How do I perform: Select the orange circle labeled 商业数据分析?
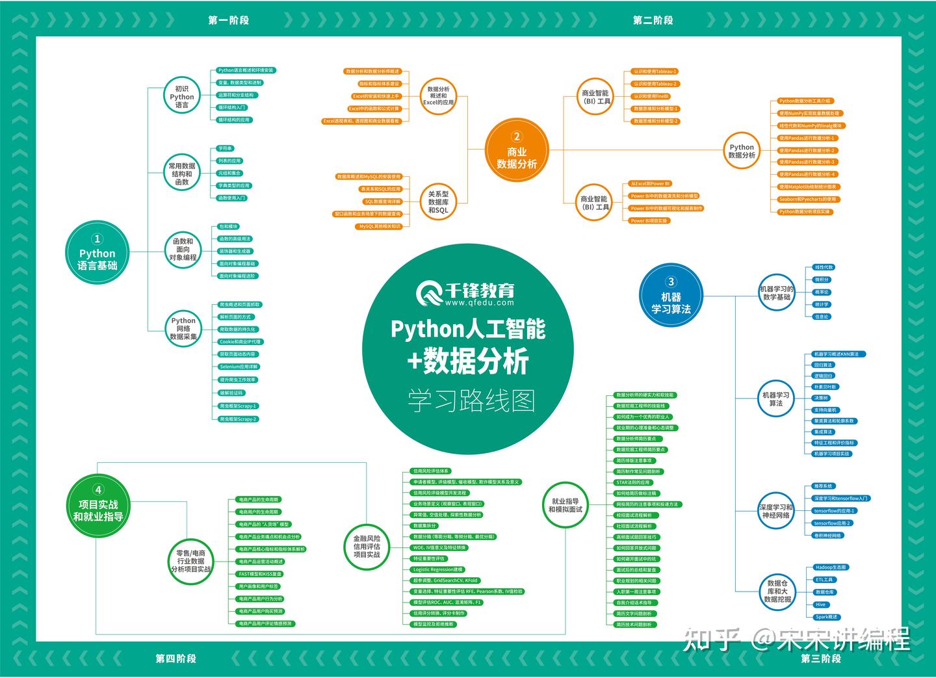click(517, 150)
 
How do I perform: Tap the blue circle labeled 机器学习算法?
click(671, 295)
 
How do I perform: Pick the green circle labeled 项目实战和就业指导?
click(98, 504)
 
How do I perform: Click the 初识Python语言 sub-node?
click(182, 96)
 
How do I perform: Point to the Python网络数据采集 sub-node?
click(183, 328)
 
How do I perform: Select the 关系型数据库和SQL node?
click(438, 202)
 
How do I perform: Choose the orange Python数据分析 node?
click(742, 151)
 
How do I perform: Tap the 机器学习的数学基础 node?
click(777, 293)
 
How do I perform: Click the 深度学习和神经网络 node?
click(776, 511)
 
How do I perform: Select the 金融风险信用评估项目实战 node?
click(367, 546)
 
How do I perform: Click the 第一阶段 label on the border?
click(228, 20)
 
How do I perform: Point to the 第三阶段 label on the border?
click(821, 658)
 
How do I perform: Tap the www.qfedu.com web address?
click(480, 302)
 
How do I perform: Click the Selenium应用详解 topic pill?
click(239, 367)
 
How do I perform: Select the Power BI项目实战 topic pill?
click(649, 220)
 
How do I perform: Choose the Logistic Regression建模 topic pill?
click(438, 569)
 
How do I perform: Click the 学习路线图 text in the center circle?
click(471, 400)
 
